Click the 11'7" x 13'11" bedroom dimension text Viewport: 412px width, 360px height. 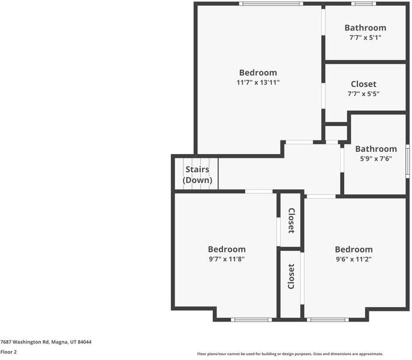click(x=258, y=82)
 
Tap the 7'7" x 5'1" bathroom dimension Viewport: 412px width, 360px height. click(x=365, y=37)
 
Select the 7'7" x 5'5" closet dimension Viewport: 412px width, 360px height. click(x=363, y=94)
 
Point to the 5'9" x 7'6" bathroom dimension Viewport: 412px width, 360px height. click(x=376, y=158)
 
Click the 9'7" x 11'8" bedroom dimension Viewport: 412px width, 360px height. click(x=227, y=259)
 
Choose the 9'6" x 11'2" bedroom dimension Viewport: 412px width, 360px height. click(x=354, y=259)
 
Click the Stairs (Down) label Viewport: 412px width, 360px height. click(x=197, y=175)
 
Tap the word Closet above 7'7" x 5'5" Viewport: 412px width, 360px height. click(x=363, y=84)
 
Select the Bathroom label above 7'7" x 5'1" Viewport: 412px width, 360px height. click(x=365, y=28)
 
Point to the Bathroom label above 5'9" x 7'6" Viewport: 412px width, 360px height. click(x=376, y=149)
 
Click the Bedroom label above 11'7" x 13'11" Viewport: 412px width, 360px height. click(x=258, y=73)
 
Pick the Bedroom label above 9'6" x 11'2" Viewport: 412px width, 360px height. click(x=354, y=249)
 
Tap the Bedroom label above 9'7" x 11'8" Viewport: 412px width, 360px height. click(x=227, y=249)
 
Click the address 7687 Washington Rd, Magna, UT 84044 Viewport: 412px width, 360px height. click(x=46, y=342)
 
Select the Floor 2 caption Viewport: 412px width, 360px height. click(x=8, y=352)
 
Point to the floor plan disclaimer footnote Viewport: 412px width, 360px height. click(x=290, y=354)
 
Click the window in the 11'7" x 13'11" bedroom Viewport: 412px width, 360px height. click(x=271, y=4)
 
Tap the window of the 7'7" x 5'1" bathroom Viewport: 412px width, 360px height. click(x=363, y=4)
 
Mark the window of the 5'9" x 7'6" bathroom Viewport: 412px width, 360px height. click(x=408, y=161)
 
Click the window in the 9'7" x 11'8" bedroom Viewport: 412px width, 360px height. click(x=251, y=320)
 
